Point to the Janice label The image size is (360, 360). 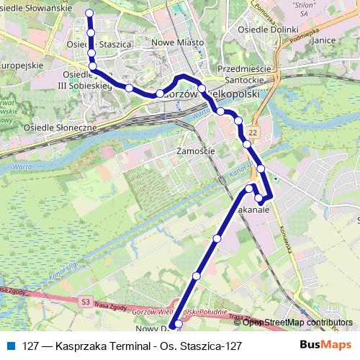click(x=324, y=40)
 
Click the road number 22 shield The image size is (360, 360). click(x=254, y=133)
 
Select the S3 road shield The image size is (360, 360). click(x=86, y=301)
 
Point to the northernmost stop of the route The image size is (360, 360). click(x=90, y=13)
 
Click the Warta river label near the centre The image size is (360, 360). click(x=201, y=113)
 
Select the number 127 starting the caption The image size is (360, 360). click(x=31, y=346)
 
